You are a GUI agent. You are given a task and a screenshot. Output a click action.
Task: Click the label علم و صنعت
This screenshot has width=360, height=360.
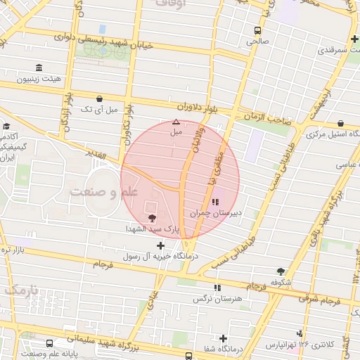tap(103, 191)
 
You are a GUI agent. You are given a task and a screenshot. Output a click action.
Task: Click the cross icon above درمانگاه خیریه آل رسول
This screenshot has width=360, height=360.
tap(161, 245)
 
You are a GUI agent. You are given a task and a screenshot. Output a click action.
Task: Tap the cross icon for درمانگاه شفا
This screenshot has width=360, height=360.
tap(224, 338)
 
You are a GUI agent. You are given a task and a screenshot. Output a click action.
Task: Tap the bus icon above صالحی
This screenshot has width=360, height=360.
tap(257, 30)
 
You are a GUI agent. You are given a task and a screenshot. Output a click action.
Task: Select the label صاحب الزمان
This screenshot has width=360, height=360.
tap(269, 120)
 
